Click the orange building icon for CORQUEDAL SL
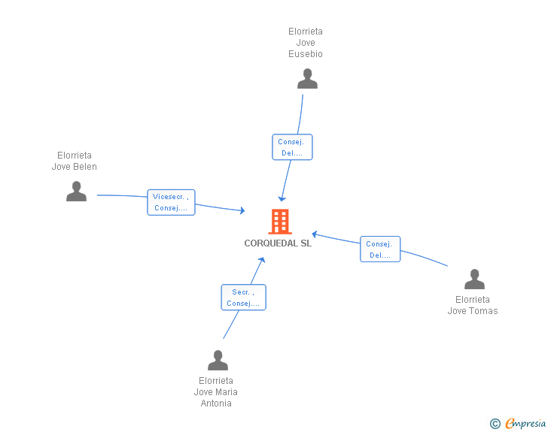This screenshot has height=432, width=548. (280, 221)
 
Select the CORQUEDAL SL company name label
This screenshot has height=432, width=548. (278, 243)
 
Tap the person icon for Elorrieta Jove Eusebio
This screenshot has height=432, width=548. (307, 79)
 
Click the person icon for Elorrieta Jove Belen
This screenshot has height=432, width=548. (76, 192)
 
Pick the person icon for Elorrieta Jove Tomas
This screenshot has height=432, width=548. (474, 279)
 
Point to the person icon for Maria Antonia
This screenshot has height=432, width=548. (218, 360)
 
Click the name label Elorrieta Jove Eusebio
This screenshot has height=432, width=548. (306, 43)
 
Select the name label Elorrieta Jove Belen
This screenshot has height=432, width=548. (74, 161)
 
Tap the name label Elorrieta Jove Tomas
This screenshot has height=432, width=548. (473, 305)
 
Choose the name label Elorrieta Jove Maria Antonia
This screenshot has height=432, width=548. (216, 392)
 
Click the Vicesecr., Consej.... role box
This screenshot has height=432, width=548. (171, 202)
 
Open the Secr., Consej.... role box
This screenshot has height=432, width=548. (243, 298)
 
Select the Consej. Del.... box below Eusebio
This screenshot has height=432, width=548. (292, 147)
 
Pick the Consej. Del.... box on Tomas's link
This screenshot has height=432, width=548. (380, 249)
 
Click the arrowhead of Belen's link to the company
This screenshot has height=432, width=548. (243, 210)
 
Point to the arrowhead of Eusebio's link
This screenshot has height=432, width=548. (282, 199)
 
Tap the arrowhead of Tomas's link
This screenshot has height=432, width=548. (314, 234)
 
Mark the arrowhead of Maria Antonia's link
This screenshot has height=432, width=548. (263, 259)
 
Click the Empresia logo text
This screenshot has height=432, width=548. (525, 423)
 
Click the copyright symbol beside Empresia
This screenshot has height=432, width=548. (495, 424)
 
